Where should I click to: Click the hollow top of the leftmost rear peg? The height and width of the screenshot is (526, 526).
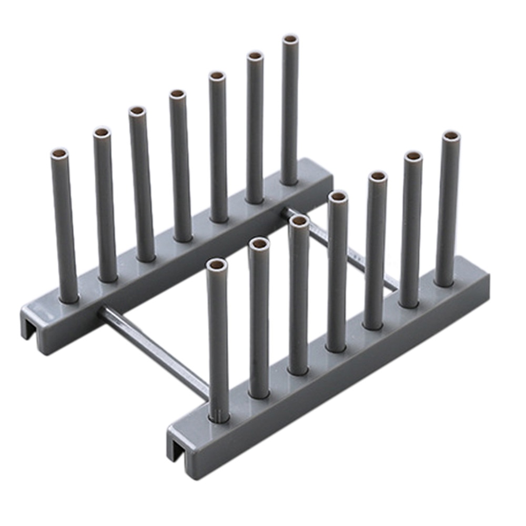59,154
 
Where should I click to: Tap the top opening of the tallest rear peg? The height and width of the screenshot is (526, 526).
290,39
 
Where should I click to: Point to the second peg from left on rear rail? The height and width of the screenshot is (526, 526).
105,205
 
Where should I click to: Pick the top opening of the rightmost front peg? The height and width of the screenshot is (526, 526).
451,136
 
